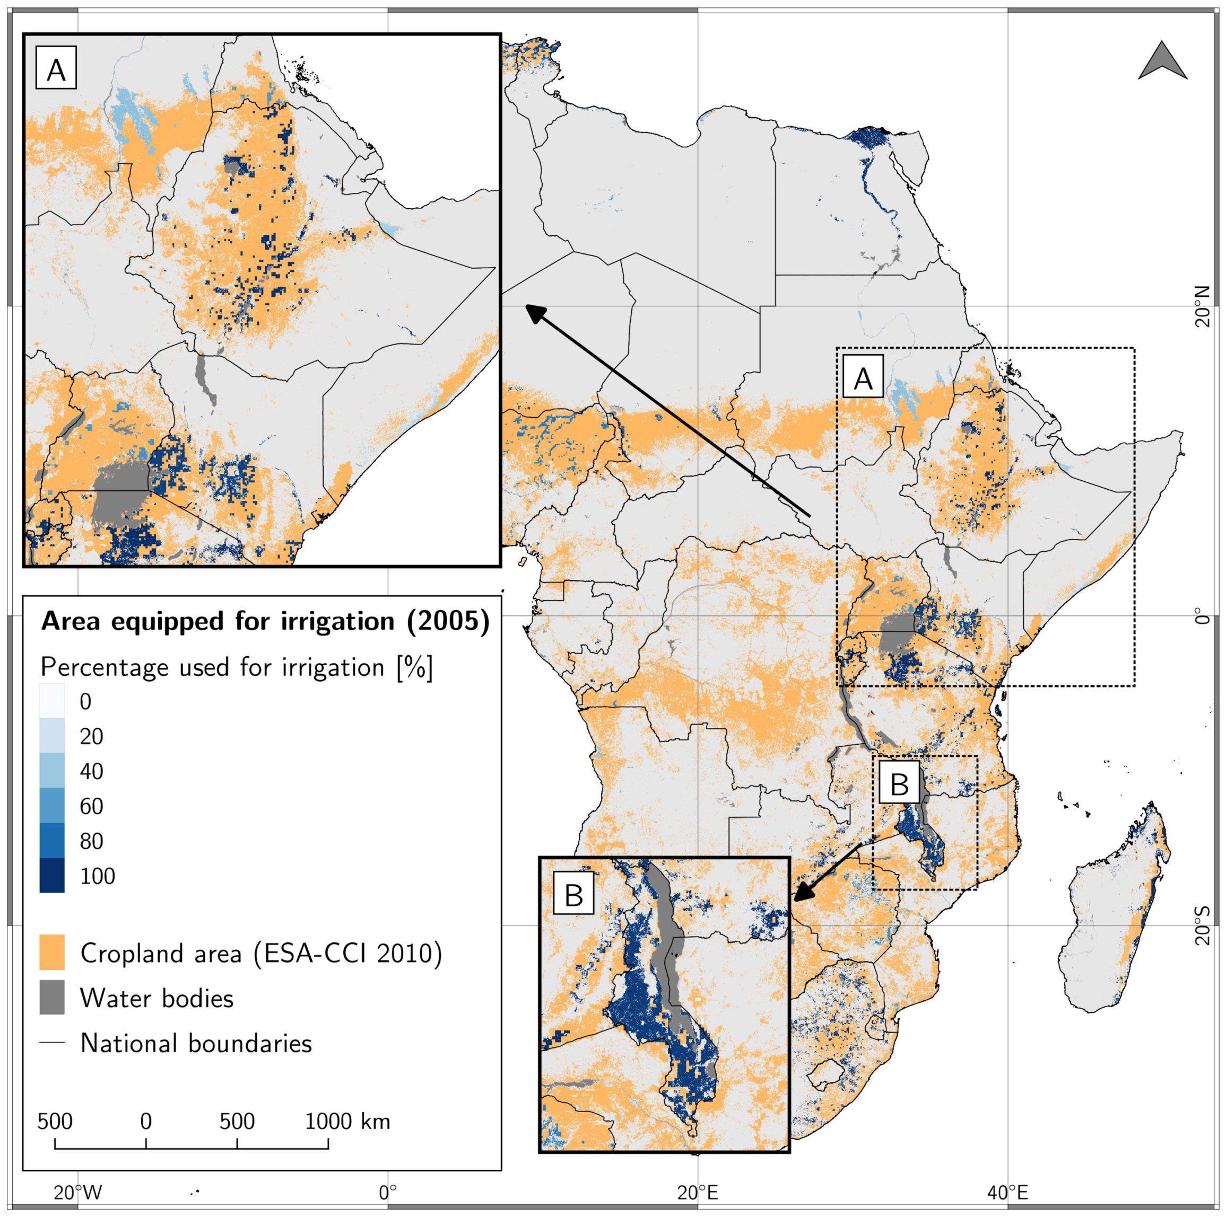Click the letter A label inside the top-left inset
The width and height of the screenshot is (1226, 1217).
click(x=56, y=68)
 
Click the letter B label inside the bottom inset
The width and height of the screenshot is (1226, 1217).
click(x=573, y=894)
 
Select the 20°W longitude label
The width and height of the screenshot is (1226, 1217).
click(x=77, y=1192)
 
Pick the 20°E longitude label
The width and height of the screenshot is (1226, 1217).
click(x=698, y=1192)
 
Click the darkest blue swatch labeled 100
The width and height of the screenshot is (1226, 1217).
click(x=52, y=875)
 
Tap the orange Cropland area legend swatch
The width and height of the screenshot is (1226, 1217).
click(x=52, y=952)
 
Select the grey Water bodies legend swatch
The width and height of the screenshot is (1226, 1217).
click(x=52, y=998)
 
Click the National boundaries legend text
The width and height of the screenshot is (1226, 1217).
click(x=195, y=1043)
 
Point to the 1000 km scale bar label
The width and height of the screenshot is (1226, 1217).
click(x=346, y=1121)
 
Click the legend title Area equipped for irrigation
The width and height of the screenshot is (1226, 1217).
click(x=265, y=622)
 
